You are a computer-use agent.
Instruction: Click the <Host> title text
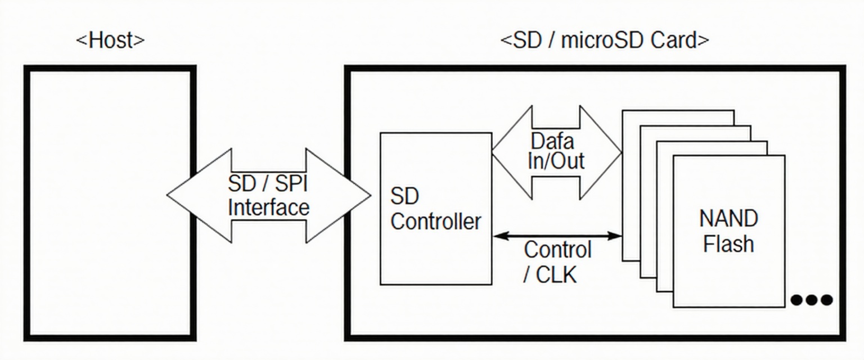pyautogui.click(x=110, y=40)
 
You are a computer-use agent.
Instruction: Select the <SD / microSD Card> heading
pyautogui.click(x=605, y=40)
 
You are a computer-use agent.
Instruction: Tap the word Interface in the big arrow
pyautogui.click(x=268, y=207)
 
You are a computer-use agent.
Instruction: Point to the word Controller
pyautogui.click(x=436, y=221)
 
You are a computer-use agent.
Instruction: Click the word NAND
pyautogui.click(x=728, y=218)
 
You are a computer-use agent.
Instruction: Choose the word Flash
pyautogui.click(x=728, y=244)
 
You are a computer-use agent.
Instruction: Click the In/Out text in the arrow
pyautogui.click(x=556, y=161)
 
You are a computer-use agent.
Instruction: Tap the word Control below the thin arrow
pyautogui.click(x=557, y=249)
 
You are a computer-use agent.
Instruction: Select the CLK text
pyautogui.click(x=557, y=275)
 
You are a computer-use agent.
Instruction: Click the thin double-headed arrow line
pyautogui.click(x=557, y=236)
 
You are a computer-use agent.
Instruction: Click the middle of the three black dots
pyautogui.click(x=811, y=300)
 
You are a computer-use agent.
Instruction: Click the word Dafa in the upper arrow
pyautogui.click(x=552, y=140)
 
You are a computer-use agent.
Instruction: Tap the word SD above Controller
pyautogui.click(x=404, y=196)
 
